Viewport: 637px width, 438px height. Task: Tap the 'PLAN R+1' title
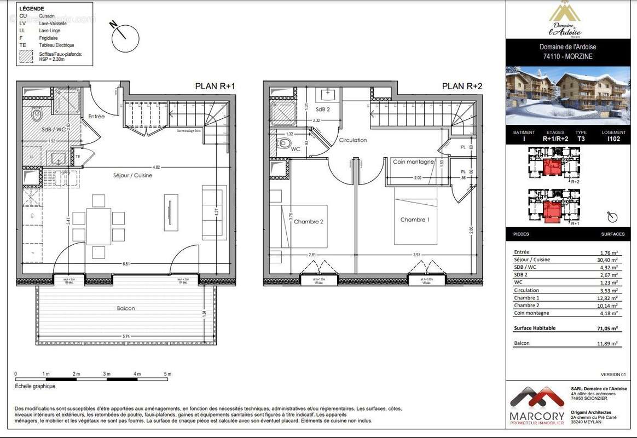pyautogui.click(x=215, y=86)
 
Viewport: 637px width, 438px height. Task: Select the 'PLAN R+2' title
pyautogui.click(x=462, y=86)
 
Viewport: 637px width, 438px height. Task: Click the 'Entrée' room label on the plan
pyautogui.click(x=96, y=117)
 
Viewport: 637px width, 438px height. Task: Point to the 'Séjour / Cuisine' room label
pyautogui.click(x=133, y=176)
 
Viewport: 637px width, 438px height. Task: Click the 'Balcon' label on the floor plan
pyautogui.click(x=126, y=308)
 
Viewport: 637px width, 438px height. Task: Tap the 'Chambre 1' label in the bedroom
pyautogui.click(x=414, y=220)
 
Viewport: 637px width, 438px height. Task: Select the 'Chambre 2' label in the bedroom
pyautogui.click(x=309, y=222)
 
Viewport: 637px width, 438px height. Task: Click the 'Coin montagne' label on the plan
pyautogui.click(x=413, y=162)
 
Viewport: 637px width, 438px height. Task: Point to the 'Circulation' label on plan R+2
pyautogui.click(x=352, y=140)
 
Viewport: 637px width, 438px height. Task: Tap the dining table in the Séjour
pyautogui.click(x=99, y=226)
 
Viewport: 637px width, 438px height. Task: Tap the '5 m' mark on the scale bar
pyautogui.click(x=167, y=373)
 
